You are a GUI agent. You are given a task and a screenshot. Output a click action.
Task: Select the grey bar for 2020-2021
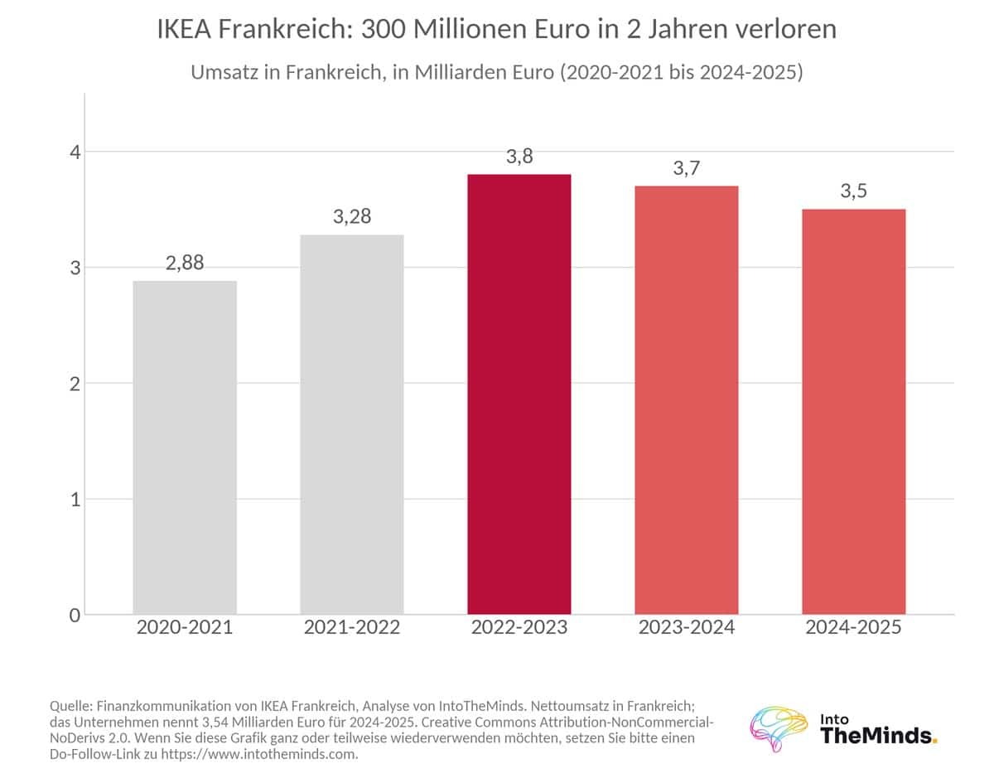coord(185,447)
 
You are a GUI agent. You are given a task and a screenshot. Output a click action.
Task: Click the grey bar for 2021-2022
coord(352,425)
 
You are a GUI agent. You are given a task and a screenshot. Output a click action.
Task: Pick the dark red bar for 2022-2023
coord(519,394)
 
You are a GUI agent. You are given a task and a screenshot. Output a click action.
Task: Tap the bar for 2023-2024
coord(687,400)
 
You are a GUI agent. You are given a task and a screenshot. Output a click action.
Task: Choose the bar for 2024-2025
coord(854,412)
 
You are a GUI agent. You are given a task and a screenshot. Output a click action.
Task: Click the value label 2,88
coord(185,263)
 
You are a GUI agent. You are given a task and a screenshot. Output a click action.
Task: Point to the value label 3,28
coord(352,217)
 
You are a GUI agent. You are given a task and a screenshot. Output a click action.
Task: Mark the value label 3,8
coord(519,157)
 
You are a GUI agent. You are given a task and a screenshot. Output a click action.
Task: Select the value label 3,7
coord(687,168)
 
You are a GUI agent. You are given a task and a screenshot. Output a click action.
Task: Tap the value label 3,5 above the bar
coord(853,191)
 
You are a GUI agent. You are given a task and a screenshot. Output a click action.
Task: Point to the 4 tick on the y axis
coord(75,152)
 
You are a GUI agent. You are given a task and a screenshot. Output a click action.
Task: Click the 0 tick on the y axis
coord(75,616)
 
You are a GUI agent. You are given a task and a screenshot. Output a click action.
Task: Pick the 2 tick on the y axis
coord(75,384)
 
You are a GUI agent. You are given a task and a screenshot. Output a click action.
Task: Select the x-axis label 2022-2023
coord(519,627)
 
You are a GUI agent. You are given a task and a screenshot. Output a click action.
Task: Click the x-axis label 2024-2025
coord(853,627)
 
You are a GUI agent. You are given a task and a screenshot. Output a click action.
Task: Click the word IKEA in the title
coord(184,29)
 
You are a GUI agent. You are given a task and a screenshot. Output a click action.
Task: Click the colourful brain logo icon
coord(778,728)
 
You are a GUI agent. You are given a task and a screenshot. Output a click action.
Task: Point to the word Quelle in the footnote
coord(71,707)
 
